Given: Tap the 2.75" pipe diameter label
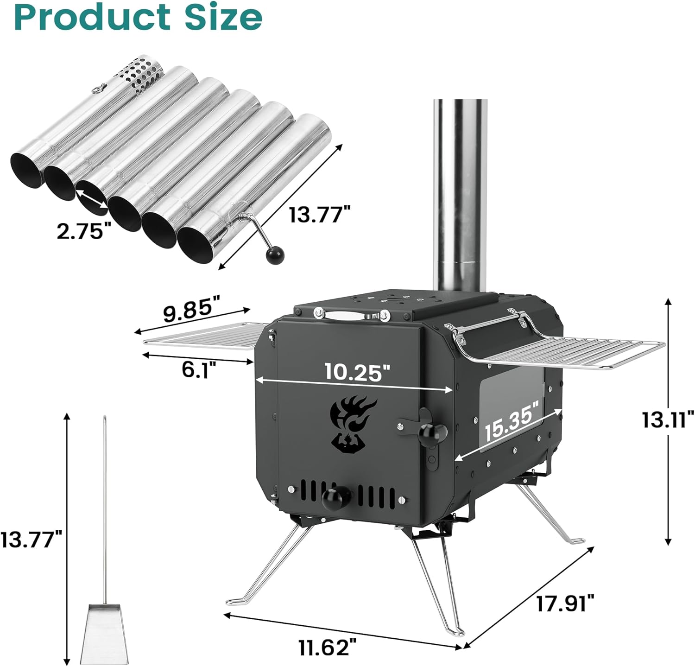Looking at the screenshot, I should tap(84, 230).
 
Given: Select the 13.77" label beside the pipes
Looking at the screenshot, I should tap(320, 215).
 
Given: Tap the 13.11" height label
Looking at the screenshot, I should tap(667, 420).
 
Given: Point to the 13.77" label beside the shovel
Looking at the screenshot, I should tap(31, 540).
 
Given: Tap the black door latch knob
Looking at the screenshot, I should tap(432, 433).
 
